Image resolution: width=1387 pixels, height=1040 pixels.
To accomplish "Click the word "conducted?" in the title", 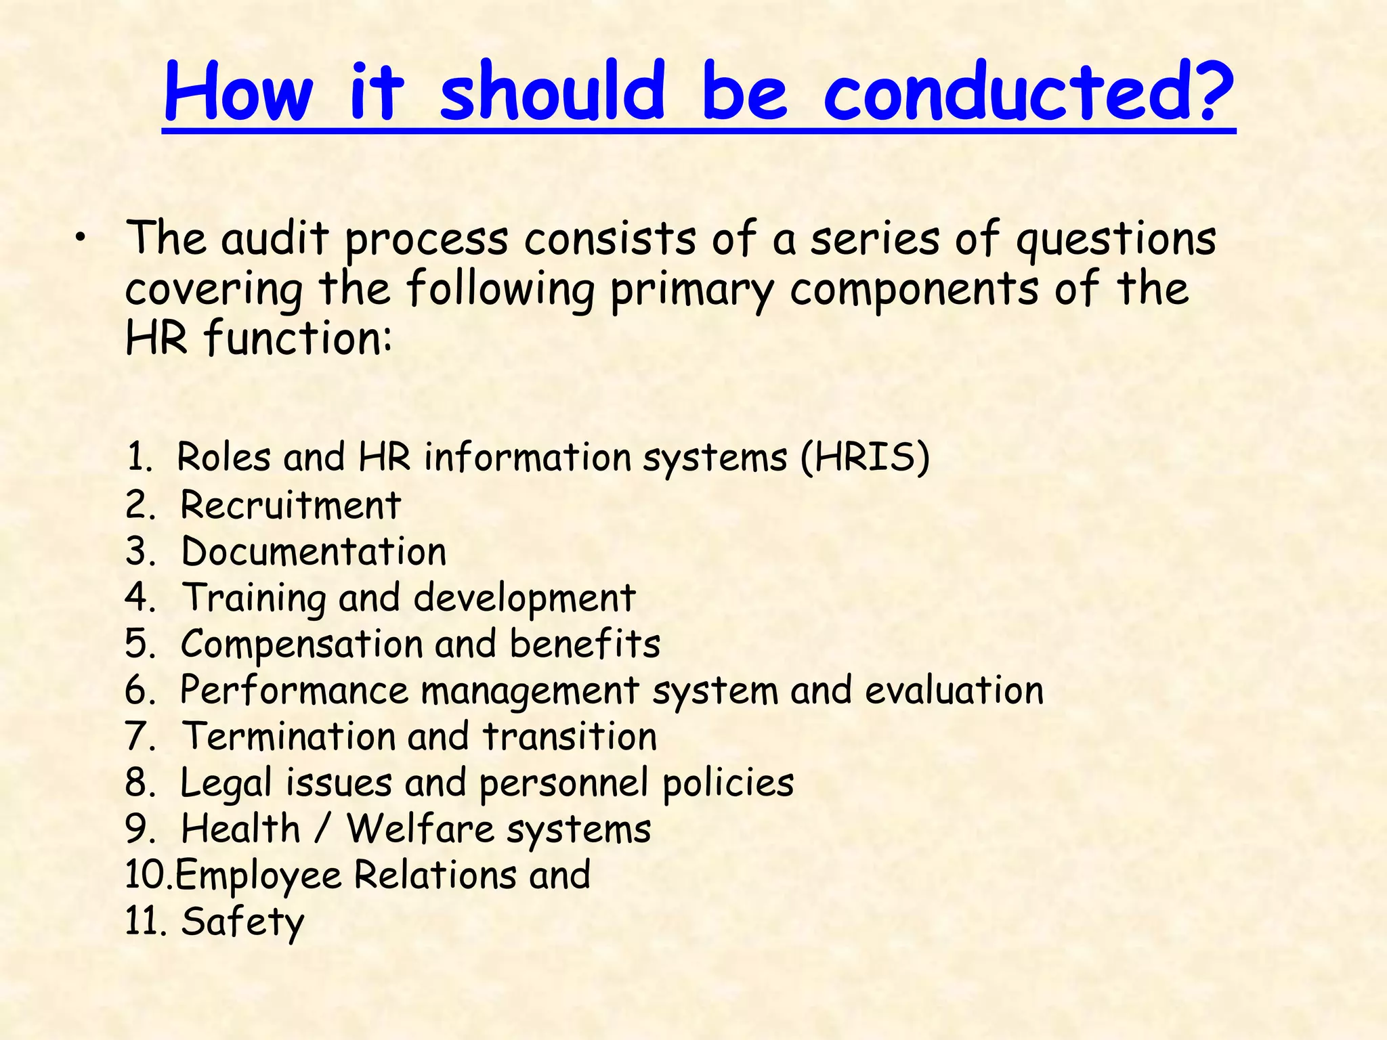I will tap(1028, 91).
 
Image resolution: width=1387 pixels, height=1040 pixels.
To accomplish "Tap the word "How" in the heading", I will tap(238, 91).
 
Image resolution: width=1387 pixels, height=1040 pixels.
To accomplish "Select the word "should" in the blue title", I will tap(553, 91).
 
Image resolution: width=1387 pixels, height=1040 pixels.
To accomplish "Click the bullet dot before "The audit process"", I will tap(81, 237).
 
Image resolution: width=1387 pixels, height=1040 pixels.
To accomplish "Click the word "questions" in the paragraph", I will tap(1116, 241).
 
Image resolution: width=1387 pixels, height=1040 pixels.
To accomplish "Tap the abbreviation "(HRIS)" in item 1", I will tap(865, 457).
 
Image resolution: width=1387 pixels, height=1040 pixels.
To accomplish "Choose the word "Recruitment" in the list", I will tap(291, 505).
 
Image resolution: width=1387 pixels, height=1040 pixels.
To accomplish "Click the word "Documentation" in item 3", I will tap(314, 551).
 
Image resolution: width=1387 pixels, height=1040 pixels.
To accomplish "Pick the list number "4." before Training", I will tap(140, 597).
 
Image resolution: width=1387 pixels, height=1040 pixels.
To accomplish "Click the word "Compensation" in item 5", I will tap(301, 645).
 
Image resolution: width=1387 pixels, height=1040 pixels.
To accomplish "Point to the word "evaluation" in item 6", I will tap(954, 691).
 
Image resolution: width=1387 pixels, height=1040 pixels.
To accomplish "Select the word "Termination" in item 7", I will tap(289, 736).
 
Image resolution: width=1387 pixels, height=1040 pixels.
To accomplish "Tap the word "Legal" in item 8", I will tap(226, 784).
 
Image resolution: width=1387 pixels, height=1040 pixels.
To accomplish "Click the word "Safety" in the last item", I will tap(243, 922).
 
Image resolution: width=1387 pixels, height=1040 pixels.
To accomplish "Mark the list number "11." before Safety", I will tap(145, 922).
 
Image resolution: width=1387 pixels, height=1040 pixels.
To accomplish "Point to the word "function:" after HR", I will tap(299, 339).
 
